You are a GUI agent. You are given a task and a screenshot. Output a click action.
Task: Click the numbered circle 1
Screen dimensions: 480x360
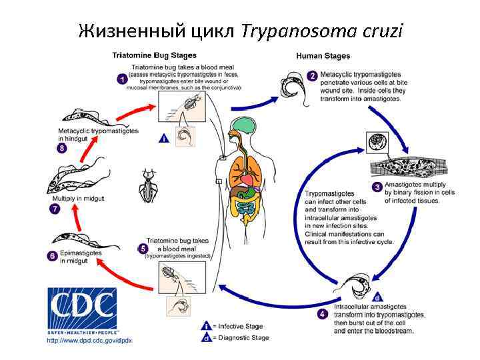pyautogui.click(x=122, y=79)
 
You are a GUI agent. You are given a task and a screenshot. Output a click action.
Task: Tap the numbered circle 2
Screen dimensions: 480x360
pyautogui.click(x=312, y=76)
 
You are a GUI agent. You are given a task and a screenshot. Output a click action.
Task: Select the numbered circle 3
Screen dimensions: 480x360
pyautogui.click(x=377, y=187)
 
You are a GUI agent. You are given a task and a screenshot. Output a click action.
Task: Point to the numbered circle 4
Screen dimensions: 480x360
pyautogui.click(x=323, y=313)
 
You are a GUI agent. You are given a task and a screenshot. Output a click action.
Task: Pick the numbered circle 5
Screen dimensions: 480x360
pyautogui.click(x=143, y=249)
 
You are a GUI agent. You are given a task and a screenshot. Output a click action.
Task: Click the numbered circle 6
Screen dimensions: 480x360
pyautogui.click(x=52, y=256)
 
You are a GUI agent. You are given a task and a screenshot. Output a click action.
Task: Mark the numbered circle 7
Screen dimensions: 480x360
pyautogui.click(x=55, y=209)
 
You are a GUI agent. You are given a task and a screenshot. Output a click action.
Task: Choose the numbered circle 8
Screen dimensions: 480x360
pyautogui.click(x=62, y=148)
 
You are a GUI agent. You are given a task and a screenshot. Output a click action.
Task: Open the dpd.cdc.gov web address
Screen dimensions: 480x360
pyautogui.click(x=89, y=341)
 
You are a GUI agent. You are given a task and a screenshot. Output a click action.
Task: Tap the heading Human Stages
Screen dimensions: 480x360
pyautogui.click(x=323, y=56)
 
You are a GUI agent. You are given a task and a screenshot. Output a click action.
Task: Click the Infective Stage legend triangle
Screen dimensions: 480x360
pyautogui.click(x=207, y=326)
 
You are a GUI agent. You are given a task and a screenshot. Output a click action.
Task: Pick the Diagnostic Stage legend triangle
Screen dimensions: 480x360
pyautogui.click(x=207, y=337)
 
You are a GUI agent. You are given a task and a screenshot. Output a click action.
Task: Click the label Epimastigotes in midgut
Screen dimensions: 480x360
pyautogui.click(x=81, y=257)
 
